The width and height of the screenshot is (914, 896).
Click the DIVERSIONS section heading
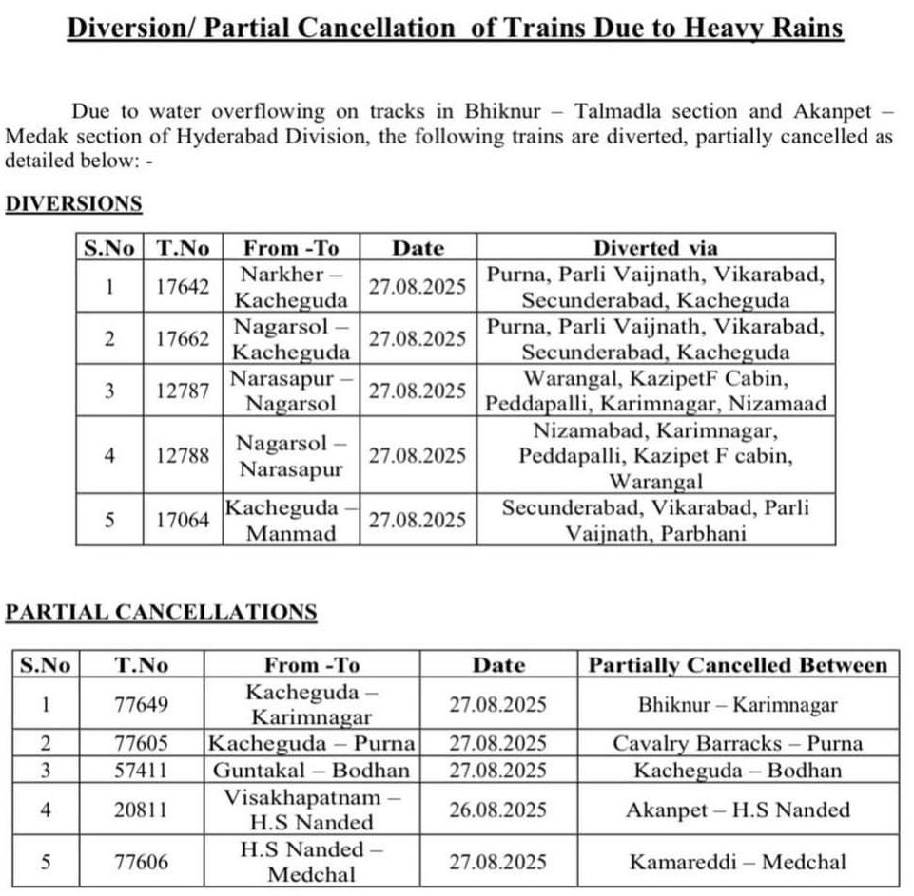click(x=73, y=203)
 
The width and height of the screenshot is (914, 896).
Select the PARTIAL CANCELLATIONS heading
click(x=161, y=612)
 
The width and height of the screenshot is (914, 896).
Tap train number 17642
click(x=183, y=287)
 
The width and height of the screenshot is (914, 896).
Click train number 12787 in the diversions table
click(x=183, y=391)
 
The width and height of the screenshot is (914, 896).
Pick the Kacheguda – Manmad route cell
click(x=291, y=520)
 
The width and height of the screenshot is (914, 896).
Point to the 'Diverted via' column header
click(x=655, y=248)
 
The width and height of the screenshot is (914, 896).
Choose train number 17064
click(x=183, y=520)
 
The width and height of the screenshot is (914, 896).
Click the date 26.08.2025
click(x=498, y=810)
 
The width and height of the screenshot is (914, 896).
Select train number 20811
click(x=141, y=810)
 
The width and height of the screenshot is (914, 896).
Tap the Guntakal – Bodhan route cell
click(x=312, y=770)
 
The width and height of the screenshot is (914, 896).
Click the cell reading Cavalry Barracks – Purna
click(x=737, y=743)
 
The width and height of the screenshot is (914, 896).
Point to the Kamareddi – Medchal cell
click(x=737, y=862)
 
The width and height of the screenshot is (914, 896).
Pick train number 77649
click(x=141, y=705)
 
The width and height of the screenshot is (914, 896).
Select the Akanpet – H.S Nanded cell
click(x=737, y=810)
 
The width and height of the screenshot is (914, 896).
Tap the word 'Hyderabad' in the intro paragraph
click(x=256, y=136)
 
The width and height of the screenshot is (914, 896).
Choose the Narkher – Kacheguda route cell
click(x=291, y=287)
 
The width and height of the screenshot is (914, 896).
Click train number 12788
click(x=183, y=455)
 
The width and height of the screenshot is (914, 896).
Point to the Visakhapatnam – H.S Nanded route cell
click(x=312, y=810)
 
